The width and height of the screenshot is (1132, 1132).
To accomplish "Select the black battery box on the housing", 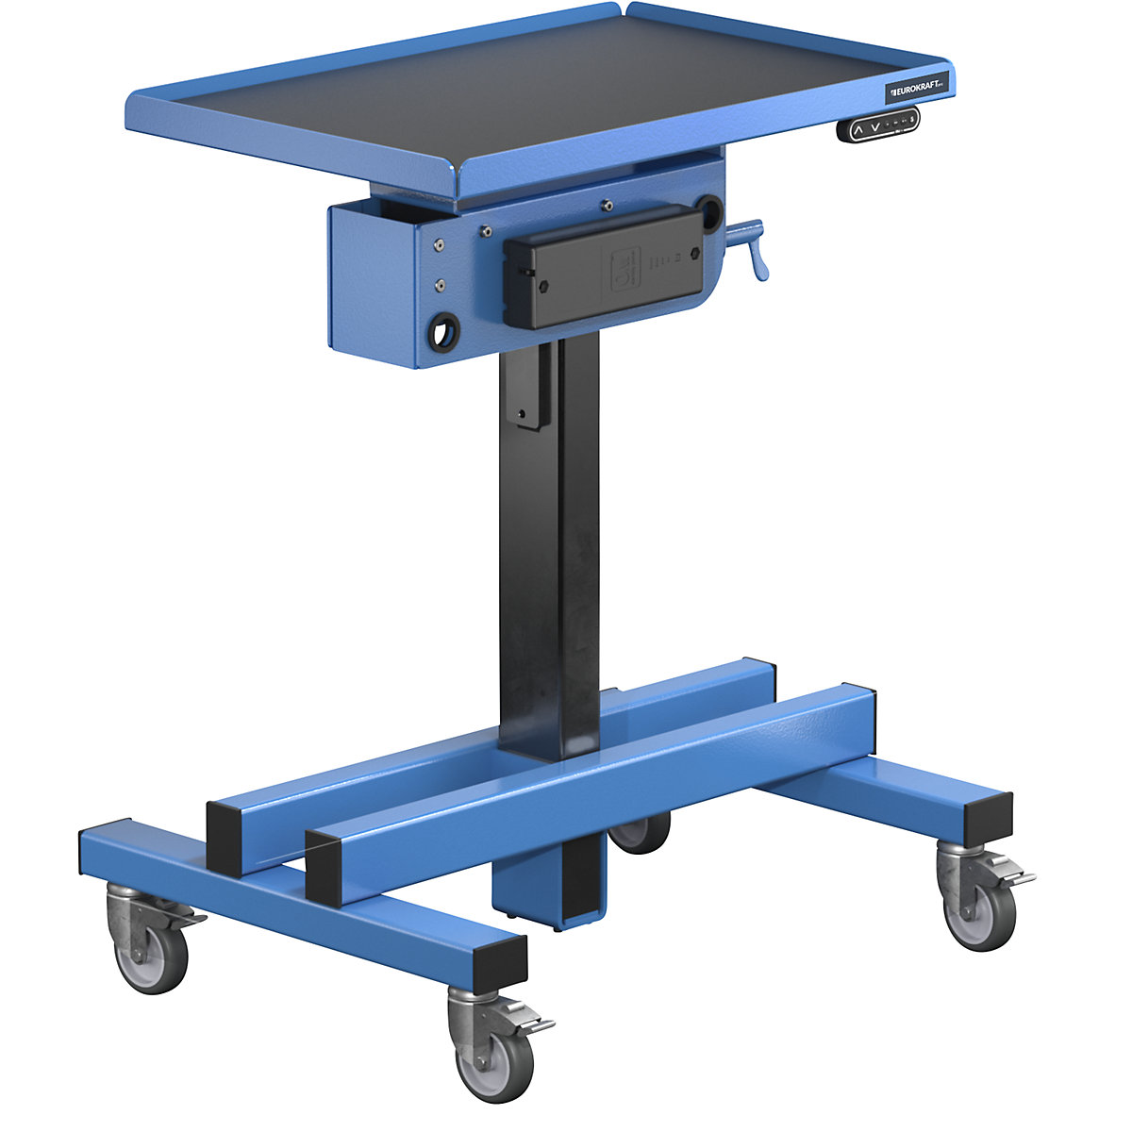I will [x=605, y=267].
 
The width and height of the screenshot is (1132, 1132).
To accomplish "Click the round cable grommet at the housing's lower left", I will [x=442, y=331].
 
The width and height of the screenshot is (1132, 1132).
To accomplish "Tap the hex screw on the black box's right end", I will [x=694, y=254].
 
